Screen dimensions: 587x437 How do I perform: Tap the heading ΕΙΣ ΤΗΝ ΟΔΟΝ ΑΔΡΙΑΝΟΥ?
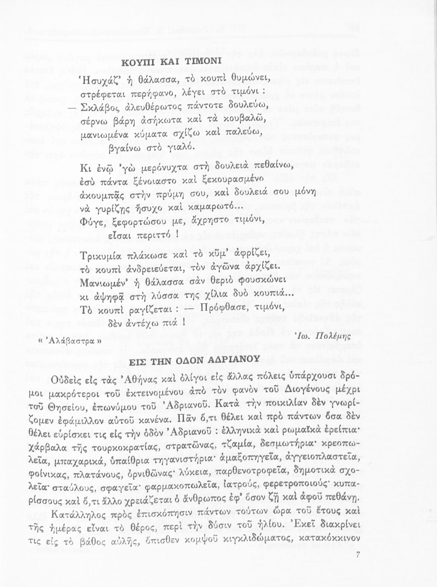click(x=194, y=360)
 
